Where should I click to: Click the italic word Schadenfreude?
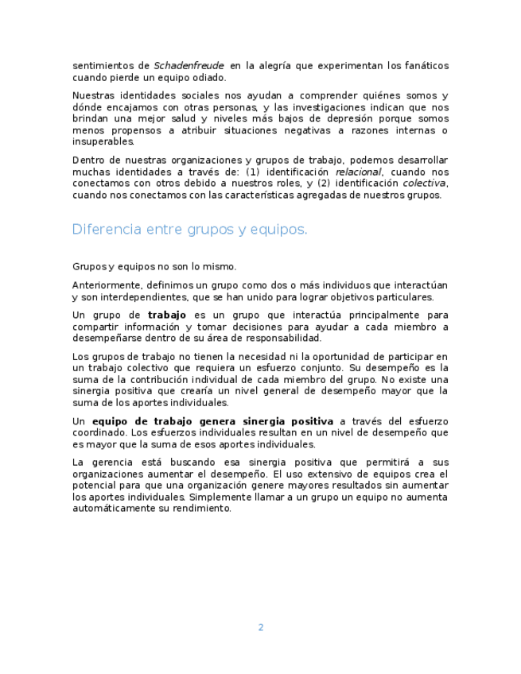[189, 66]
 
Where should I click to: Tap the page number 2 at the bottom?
[260, 627]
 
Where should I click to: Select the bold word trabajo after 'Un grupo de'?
[167, 316]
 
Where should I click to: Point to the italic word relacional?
[358, 172]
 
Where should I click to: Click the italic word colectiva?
[424, 184]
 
